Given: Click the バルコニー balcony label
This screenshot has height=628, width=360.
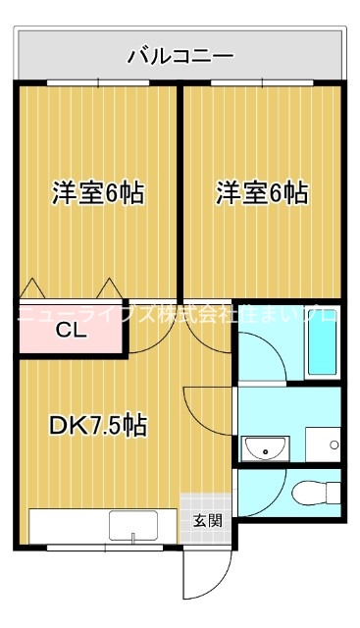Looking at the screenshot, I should pos(180,56).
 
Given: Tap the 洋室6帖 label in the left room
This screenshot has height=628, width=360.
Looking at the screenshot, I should pos(97,193).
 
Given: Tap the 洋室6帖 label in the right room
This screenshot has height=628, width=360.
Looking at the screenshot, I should pos(261,193).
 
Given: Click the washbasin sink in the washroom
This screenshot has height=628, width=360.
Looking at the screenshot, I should pos(264,448).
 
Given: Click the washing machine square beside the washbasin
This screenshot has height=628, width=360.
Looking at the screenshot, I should pos(322,445).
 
